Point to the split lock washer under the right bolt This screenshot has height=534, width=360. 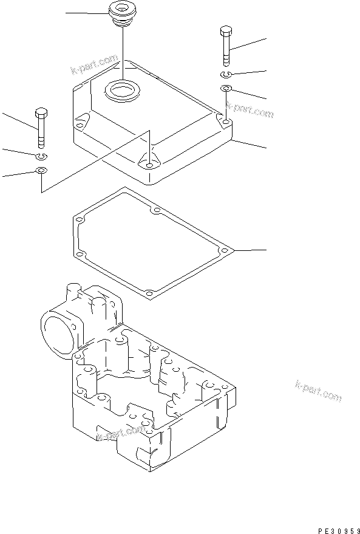[225, 75]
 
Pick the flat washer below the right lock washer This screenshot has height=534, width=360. [225, 89]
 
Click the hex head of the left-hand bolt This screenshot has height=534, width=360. [41, 114]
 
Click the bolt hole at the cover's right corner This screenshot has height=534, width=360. [226, 123]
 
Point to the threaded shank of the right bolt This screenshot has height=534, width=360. [225, 52]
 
